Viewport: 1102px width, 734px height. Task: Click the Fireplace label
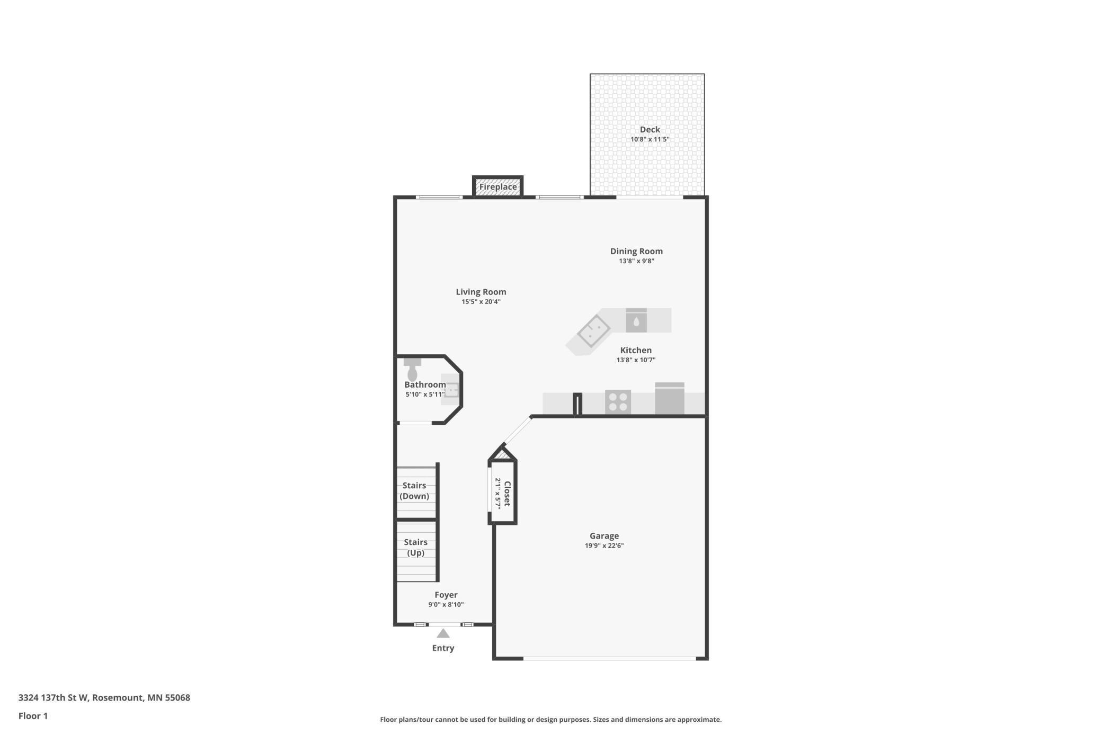(x=497, y=187)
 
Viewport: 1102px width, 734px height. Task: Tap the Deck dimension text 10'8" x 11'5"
(x=650, y=139)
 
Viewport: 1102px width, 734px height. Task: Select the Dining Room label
(x=636, y=251)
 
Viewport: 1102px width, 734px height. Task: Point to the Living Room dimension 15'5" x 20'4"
(x=481, y=302)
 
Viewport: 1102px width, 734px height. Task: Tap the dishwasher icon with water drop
(x=636, y=321)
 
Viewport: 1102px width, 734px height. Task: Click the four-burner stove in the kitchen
(x=618, y=401)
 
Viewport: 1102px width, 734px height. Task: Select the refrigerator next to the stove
(x=669, y=399)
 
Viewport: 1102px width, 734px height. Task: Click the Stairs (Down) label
(x=414, y=490)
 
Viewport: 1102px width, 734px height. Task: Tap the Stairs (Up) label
(x=415, y=547)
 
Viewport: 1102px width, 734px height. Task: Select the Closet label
(x=507, y=494)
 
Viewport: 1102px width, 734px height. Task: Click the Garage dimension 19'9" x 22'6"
(x=604, y=545)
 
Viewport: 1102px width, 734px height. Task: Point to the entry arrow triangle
(x=443, y=633)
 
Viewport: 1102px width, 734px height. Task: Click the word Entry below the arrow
(x=443, y=648)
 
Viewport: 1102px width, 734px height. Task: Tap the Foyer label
(x=446, y=595)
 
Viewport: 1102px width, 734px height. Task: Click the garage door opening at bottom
(x=609, y=658)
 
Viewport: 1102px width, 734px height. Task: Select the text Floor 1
(x=33, y=716)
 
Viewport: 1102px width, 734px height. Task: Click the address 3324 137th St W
(x=53, y=697)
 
